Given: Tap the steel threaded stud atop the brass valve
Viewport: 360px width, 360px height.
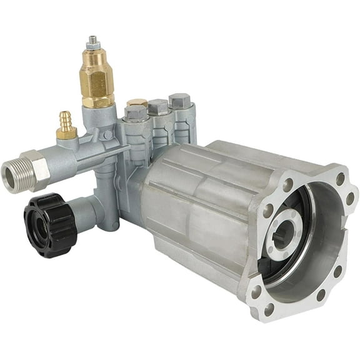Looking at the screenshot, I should click(94, 42).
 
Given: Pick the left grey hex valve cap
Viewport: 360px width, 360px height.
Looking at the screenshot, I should click(136, 112).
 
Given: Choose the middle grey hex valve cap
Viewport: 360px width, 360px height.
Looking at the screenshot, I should click(158, 107).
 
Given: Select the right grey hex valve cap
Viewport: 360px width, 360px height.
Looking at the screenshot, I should click(179, 101).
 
